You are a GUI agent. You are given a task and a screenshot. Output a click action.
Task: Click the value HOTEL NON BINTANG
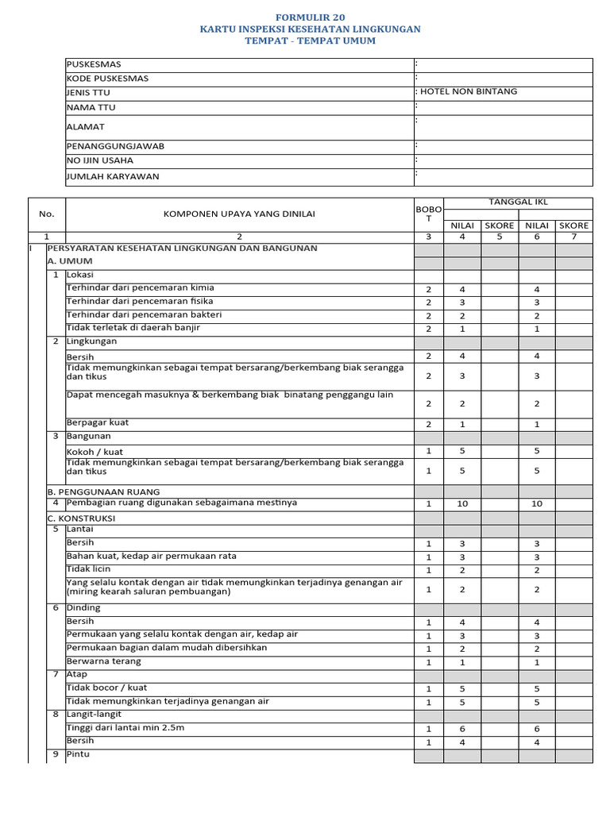click(x=468, y=91)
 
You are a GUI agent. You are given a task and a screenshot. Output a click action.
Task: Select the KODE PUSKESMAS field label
click(x=107, y=79)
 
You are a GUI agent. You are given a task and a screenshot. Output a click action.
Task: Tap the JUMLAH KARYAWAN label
click(x=113, y=176)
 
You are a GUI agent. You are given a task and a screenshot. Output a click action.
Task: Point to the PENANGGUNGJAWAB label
click(x=115, y=146)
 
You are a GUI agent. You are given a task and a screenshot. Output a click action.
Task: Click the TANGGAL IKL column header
click(x=518, y=202)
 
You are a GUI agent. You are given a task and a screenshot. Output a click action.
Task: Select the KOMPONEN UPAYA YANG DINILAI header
click(x=239, y=214)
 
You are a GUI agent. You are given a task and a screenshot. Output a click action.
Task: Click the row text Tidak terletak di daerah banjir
click(x=133, y=327)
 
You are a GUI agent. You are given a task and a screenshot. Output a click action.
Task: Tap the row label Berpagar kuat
click(x=97, y=422)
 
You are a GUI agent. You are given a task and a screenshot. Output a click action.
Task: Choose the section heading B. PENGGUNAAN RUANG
click(x=103, y=491)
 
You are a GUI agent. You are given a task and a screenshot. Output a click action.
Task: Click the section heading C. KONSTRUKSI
click(x=81, y=518)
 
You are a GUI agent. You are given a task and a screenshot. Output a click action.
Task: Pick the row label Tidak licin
click(x=88, y=569)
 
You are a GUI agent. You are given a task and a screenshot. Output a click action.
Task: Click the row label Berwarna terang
click(x=103, y=661)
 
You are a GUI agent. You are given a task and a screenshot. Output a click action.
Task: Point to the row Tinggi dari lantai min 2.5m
click(x=125, y=727)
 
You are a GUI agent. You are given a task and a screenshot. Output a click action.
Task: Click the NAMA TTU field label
click(x=91, y=107)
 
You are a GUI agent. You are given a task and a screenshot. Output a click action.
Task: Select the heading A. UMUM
click(x=70, y=261)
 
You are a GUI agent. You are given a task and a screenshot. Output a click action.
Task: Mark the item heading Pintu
click(x=78, y=754)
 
